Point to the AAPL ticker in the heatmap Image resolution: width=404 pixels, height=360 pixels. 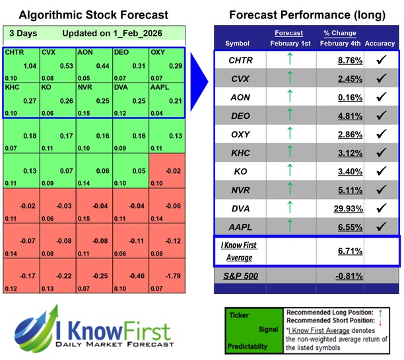[x=161, y=87]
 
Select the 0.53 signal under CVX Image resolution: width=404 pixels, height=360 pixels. [x=65, y=66]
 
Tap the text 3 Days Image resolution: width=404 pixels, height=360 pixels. [x=22, y=33]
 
